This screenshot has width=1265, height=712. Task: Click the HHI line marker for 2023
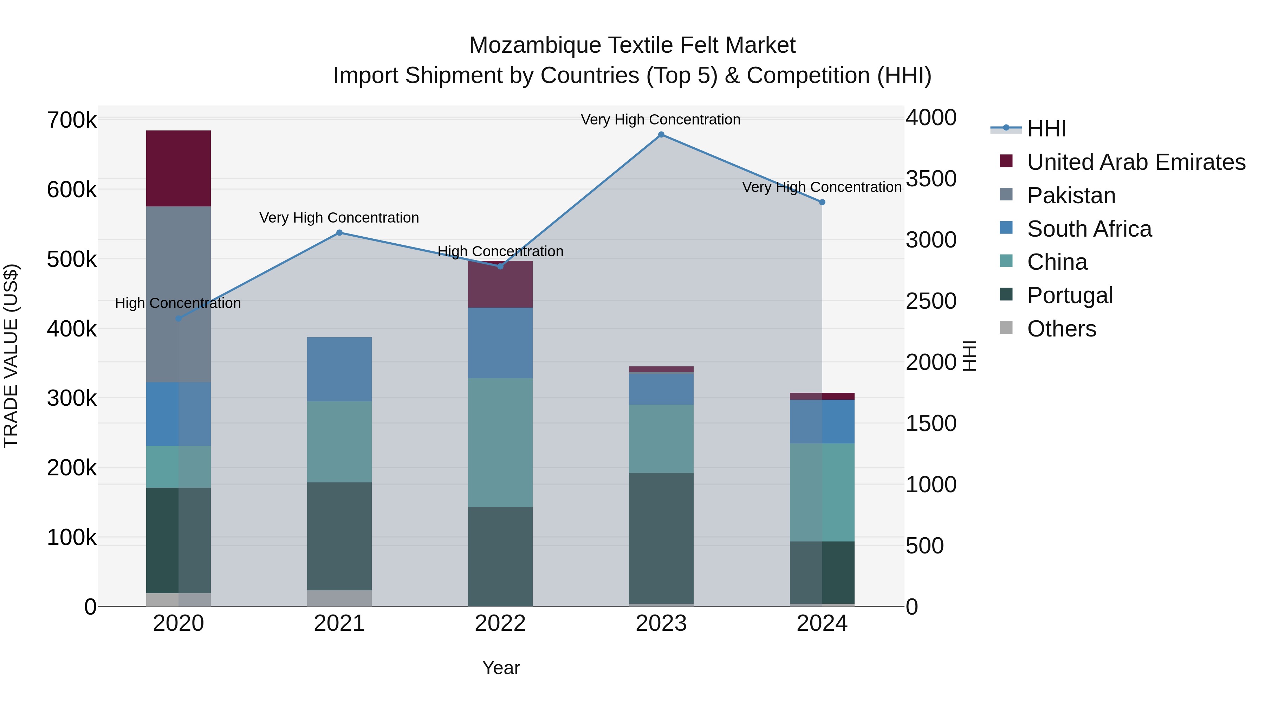coord(661,135)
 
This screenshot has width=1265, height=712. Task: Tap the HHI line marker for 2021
coord(339,233)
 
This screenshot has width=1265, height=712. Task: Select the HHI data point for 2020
coord(179,319)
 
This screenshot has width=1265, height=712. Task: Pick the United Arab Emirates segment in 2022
coord(500,285)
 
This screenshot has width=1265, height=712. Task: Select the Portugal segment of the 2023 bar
coord(661,538)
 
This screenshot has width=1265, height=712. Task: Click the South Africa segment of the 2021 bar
coord(339,369)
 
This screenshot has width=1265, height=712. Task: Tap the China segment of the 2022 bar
coord(500,442)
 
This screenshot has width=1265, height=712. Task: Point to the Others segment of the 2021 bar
coord(339,598)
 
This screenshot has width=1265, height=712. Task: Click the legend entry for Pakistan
coord(1071,195)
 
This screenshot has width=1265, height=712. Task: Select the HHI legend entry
coord(1046,129)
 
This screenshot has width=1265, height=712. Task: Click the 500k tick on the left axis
coord(72,259)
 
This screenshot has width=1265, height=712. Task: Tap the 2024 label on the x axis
coord(822,623)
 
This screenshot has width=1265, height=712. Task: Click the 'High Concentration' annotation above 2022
coord(500,252)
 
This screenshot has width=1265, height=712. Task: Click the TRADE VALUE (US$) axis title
coord(11,356)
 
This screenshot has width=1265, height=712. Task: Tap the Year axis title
coord(500,668)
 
